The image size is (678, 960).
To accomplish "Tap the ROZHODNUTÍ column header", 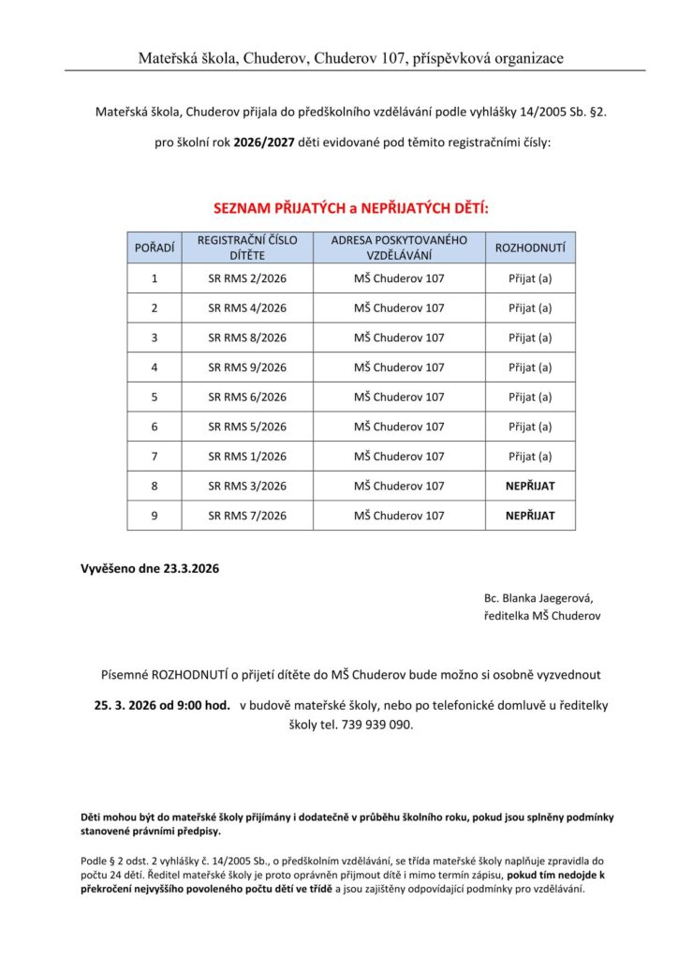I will (x=530, y=247).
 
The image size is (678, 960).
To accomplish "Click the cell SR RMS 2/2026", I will (x=247, y=278).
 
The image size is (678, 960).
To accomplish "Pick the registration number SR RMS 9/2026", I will (x=247, y=367).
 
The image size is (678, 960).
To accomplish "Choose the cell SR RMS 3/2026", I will (x=247, y=486).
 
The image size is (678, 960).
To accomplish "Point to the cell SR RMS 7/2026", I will (x=247, y=516).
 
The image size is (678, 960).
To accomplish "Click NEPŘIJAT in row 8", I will (x=530, y=486).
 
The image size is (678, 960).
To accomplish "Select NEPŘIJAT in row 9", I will (x=530, y=516).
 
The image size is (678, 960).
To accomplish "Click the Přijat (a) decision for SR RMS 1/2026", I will (x=530, y=457).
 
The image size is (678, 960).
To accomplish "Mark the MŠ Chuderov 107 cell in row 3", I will (x=399, y=337).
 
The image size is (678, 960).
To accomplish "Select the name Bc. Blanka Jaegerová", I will (x=538, y=597).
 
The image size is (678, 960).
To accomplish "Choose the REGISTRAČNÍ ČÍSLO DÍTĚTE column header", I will (x=247, y=247).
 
